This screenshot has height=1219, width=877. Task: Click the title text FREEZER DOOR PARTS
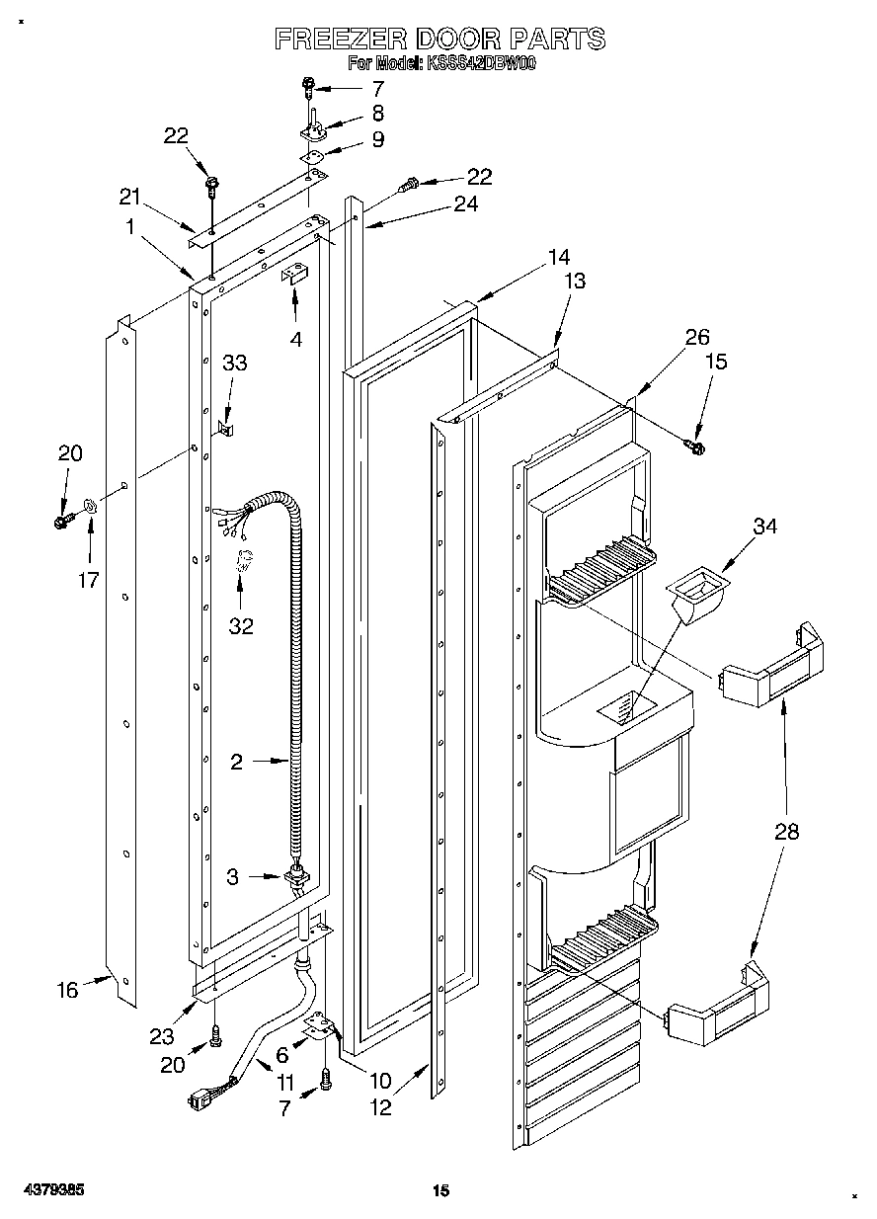438,40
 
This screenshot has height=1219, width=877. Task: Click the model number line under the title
441,65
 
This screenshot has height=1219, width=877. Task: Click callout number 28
786,831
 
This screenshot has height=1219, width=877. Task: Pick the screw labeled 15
695,447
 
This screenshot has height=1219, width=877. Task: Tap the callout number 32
240,625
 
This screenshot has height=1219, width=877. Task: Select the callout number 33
234,363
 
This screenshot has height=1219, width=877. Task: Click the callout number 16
67,989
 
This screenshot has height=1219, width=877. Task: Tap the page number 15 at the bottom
441,1191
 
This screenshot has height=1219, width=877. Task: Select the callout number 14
559,257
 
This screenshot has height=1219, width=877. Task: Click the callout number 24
465,204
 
